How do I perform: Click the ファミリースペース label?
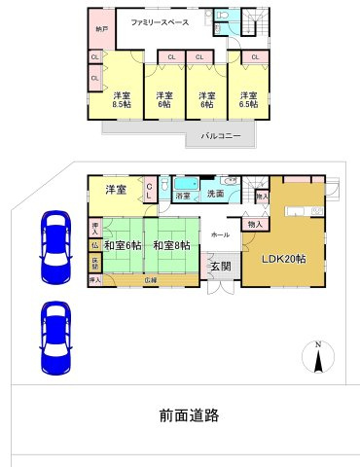[159, 18]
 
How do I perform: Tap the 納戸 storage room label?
[102, 30]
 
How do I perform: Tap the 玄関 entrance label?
[219, 266]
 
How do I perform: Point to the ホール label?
[221, 234]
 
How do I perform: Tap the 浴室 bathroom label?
[183, 197]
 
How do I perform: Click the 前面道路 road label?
[190, 415]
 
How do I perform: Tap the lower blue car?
[53, 338]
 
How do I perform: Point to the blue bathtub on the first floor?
[184, 184]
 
